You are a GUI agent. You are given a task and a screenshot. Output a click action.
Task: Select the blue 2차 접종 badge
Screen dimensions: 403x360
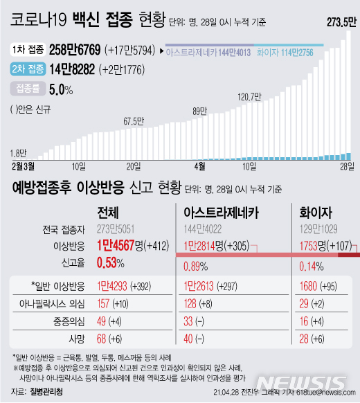point(30,69)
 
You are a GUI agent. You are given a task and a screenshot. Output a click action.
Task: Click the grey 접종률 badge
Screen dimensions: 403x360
point(29,89)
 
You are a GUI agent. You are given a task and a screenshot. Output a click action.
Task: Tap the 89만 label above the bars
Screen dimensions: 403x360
point(200,111)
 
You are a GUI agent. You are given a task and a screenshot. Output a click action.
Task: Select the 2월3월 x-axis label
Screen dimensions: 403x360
point(24,165)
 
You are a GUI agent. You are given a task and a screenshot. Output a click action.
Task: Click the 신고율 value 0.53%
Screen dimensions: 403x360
point(110,263)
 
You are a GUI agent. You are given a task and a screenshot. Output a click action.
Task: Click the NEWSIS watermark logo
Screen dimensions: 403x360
point(316,382)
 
